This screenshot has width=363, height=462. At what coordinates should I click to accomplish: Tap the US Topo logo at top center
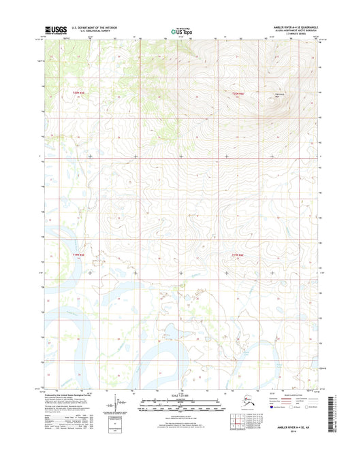click(180, 31)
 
